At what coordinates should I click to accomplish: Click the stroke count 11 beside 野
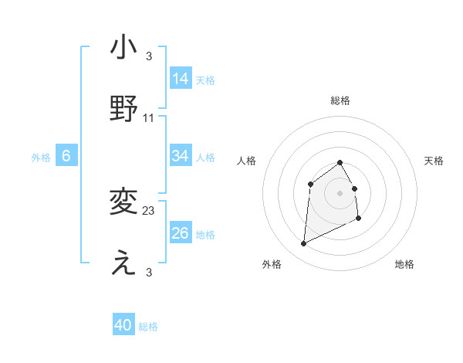tap(149, 118)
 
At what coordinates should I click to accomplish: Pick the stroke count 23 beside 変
tap(149, 210)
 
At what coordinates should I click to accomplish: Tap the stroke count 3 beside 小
tap(149, 56)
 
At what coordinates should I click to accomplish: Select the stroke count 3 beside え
tap(149, 273)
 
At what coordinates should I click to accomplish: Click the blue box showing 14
tap(181, 79)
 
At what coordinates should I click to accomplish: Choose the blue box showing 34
tap(181, 156)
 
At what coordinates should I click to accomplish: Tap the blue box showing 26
tap(181, 233)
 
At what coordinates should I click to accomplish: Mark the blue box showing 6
tap(66, 156)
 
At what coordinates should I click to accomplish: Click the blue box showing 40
tap(123, 325)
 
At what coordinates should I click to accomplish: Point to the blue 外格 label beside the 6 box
tap(41, 158)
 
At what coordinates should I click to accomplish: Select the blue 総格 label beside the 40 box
tap(148, 327)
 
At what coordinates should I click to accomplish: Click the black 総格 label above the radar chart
tap(340, 100)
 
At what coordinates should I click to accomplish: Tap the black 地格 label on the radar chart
tap(404, 264)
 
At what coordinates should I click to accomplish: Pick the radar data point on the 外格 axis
tap(303, 244)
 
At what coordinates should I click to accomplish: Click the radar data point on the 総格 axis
tap(340, 162)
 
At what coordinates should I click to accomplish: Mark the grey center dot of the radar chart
tap(340, 192)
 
